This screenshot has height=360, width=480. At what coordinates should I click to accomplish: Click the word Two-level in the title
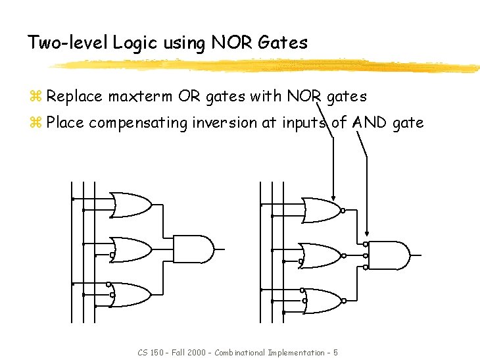pos(68,43)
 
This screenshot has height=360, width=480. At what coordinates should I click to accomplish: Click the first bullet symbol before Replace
pos(36,97)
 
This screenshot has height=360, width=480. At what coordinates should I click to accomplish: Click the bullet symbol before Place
pos(36,123)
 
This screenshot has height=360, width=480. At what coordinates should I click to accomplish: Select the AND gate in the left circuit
pos(195,249)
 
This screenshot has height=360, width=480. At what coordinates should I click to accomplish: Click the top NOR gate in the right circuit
pos(323,211)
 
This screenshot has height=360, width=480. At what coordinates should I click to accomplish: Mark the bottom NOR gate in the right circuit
pos(323,301)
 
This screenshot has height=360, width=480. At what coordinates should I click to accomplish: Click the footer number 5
pos(335,353)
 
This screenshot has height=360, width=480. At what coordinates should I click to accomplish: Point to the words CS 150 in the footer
pos(149,353)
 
